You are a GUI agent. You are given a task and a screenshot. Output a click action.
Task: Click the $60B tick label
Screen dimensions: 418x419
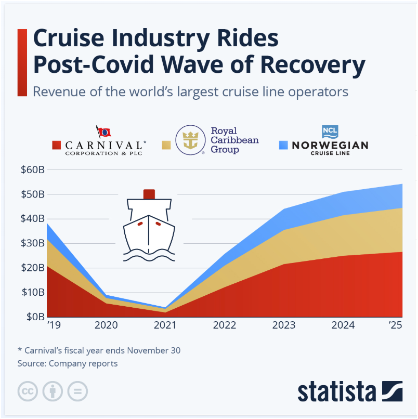coord(33,169)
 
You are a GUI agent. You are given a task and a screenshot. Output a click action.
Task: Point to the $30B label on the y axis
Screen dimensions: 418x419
coord(33,243)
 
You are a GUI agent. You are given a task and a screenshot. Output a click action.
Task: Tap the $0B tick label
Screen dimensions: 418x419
coord(35,317)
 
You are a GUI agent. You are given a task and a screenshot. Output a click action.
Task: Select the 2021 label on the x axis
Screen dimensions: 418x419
coord(165,325)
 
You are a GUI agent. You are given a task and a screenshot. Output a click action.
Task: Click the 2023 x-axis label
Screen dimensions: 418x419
coord(283,325)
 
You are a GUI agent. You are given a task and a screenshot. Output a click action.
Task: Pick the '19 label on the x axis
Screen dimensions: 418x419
coord(54,325)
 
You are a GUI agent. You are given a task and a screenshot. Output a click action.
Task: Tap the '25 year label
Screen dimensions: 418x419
coord(395,325)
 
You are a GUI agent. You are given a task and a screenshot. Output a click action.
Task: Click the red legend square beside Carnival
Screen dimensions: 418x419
coord(56,145)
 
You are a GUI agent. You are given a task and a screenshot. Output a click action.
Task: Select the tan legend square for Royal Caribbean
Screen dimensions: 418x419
coord(166,145)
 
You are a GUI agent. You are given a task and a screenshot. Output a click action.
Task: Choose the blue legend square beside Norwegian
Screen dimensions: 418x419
coord(283,145)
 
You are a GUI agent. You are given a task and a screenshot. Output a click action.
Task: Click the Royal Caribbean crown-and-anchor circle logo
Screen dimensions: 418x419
coord(190,140)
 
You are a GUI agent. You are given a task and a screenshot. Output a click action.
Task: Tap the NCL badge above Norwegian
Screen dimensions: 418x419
coord(330,132)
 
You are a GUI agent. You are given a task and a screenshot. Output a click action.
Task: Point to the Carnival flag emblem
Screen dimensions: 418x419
coord(103,132)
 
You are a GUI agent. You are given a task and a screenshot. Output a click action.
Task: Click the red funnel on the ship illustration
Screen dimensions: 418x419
coord(149,194)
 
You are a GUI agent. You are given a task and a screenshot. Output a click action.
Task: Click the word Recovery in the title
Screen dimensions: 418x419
coord(313,65)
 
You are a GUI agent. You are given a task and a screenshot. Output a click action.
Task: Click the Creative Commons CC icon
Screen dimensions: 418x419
coord(28,391)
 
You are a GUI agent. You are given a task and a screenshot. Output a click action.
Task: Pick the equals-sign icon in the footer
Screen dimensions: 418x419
coord(77,391)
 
